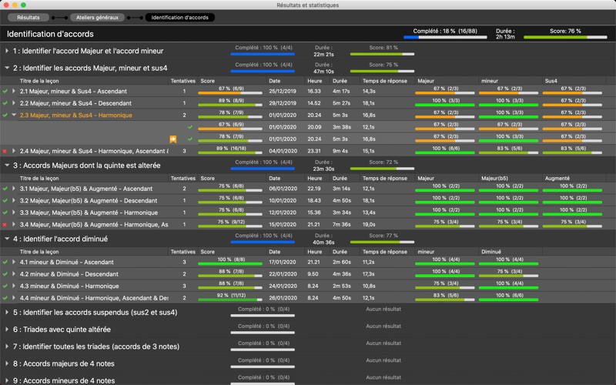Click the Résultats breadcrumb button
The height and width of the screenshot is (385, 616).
click(28, 17)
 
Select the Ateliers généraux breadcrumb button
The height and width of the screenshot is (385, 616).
click(97, 17)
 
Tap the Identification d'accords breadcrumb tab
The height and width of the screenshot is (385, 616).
click(180, 17)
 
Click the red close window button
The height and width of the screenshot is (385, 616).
click(7, 5)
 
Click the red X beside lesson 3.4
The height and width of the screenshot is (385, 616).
click(5, 225)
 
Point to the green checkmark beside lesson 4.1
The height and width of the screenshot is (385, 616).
click(5, 262)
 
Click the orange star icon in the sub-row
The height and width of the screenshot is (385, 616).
click(174, 139)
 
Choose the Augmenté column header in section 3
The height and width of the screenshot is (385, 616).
click(557, 178)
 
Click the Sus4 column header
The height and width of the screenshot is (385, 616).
click(551, 80)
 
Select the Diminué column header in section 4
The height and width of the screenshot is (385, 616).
click(491, 251)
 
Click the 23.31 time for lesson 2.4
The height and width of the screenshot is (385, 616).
click(314, 151)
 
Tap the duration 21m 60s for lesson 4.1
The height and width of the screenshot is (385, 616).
click(341, 262)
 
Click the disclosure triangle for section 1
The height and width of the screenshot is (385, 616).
click(7, 51)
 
